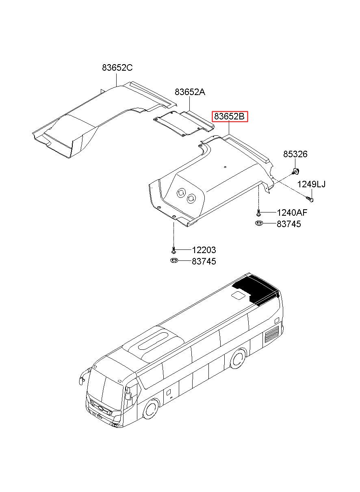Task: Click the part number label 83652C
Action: tap(117, 68)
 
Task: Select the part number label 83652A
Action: tap(190, 92)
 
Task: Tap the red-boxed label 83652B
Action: tap(229, 117)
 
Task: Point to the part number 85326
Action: tap(295, 154)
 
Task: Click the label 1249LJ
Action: tap(311, 184)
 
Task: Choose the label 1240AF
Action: tap(292, 212)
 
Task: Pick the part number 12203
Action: tap(204, 250)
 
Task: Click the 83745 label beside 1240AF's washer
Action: tap(289, 224)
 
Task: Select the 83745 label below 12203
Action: tap(204, 262)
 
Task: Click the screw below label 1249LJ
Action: tap(311, 198)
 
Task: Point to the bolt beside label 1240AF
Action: tap(258, 212)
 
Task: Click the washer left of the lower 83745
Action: tap(173, 260)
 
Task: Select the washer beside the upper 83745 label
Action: tap(259, 223)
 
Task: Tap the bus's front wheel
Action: tap(151, 410)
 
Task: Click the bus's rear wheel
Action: tap(237, 359)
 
